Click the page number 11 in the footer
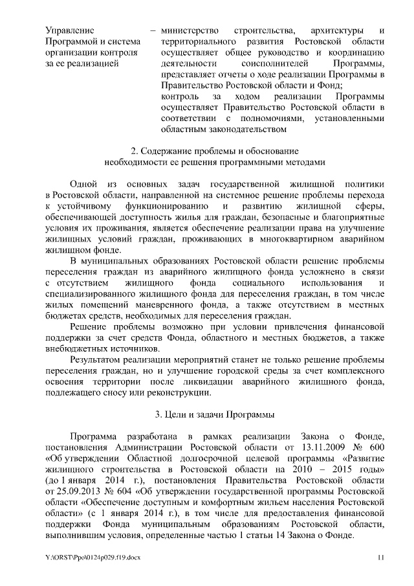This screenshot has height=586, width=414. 381,558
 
